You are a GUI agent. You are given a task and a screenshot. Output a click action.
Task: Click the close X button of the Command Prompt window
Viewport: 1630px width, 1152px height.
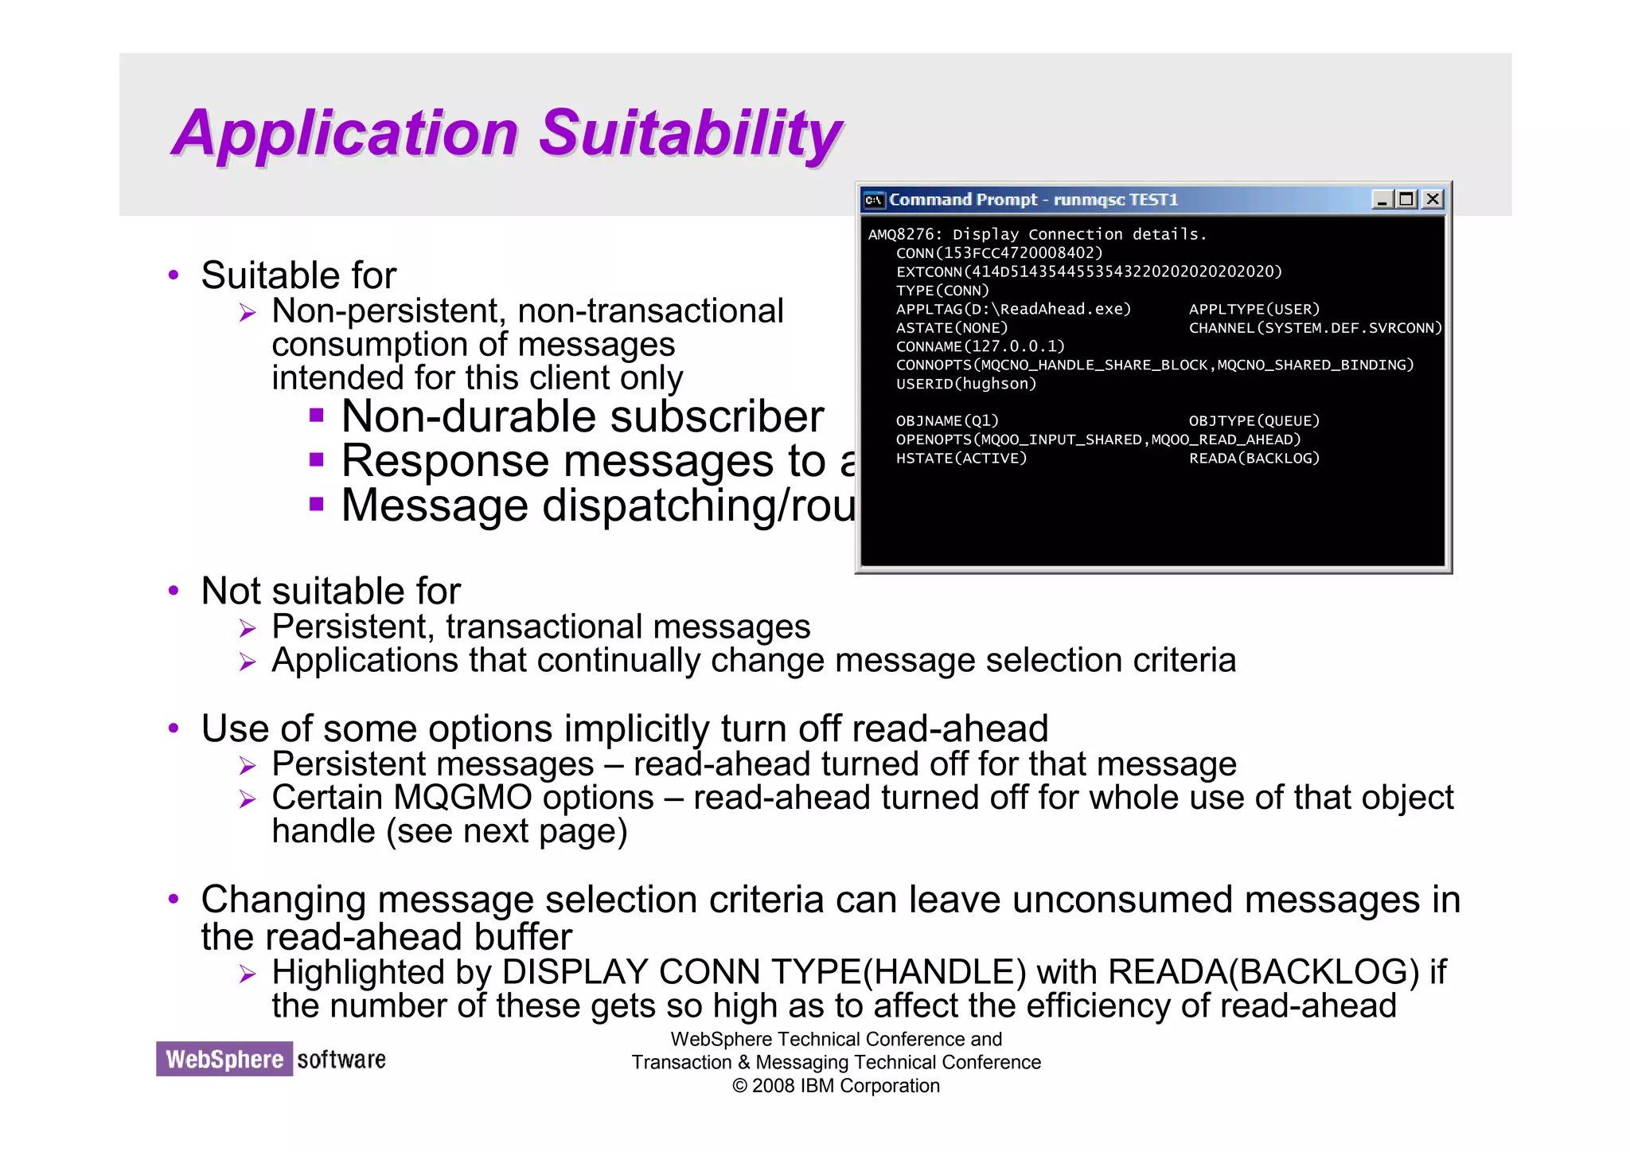click(x=1433, y=199)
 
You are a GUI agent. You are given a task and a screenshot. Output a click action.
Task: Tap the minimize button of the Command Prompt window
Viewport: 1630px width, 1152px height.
click(x=1382, y=199)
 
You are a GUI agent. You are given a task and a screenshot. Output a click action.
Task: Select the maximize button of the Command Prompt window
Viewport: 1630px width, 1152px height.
click(x=1407, y=199)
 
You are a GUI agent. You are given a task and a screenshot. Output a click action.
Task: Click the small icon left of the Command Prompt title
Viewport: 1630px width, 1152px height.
click(x=874, y=200)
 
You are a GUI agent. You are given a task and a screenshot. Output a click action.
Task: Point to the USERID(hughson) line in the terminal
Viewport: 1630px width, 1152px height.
click(x=965, y=384)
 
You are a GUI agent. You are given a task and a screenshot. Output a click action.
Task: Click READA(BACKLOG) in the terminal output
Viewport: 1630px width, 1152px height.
click(x=1254, y=459)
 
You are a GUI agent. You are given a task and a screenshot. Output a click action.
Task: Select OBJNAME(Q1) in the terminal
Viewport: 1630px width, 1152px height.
click(x=946, y=421)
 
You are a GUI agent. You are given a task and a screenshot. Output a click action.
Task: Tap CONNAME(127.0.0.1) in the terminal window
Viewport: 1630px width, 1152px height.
click(x=980, y=346)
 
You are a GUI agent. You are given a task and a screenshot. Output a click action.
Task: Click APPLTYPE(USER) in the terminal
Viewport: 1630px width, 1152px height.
click(x=1254, y=309)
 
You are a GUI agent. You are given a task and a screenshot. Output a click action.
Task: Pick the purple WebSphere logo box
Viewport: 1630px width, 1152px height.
click(x=224, y=1059)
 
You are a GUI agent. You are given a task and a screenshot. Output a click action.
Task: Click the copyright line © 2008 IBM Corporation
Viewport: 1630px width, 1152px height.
click(x=836, y=1086)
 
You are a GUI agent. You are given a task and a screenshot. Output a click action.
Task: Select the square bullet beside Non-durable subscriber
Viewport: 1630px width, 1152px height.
click(x=317, y=415)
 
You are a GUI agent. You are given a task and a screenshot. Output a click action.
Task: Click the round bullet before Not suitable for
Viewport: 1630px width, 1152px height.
click(x=174, y=591)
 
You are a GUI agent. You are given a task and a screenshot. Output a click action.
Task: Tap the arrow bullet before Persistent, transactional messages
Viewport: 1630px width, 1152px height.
click(x=248, y=629)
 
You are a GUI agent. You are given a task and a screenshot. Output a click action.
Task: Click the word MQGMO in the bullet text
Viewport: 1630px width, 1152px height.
click(x=462, y=798)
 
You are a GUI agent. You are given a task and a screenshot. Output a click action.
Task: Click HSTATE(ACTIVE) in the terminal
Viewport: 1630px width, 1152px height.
click(x=961, y=459)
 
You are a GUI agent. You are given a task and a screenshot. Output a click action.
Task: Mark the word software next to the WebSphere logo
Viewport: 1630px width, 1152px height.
click(x=341, y=1060)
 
